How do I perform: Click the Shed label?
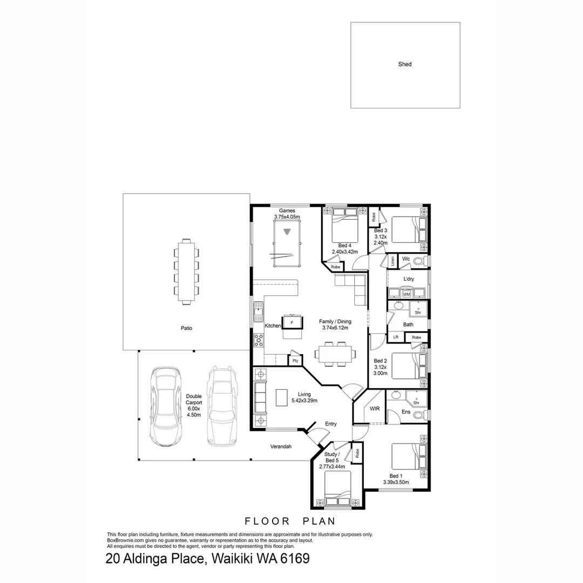click(405, 64)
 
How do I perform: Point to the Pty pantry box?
click(295, 361)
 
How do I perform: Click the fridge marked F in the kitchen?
click(292, 322)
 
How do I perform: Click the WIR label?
click(374, 409)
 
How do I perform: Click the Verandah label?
click(281, 446)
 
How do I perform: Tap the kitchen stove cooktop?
click(259, 341)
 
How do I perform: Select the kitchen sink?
click(259, 310)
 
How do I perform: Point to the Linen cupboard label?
click(392, 261)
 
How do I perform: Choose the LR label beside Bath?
click(396, 337)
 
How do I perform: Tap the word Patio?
click(186, 328)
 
